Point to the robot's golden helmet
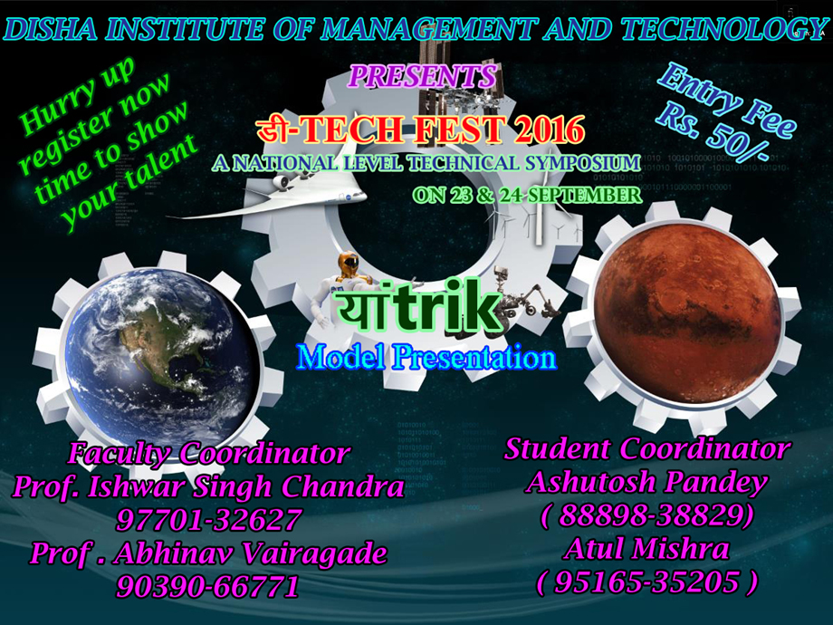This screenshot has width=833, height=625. pos(349,262)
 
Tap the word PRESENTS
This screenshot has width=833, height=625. pos(423,76)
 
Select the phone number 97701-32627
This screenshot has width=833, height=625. pos(209,520)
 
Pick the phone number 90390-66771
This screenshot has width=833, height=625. pos(207,587)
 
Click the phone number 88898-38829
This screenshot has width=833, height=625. pos(647,515)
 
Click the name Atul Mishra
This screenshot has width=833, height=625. pos(646,548)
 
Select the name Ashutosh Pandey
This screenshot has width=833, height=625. pos(647,482)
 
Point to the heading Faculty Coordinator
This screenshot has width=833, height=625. pos(209,453)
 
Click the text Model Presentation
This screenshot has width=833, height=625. pos(426,357)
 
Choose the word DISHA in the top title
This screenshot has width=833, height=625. pos(51,29)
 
